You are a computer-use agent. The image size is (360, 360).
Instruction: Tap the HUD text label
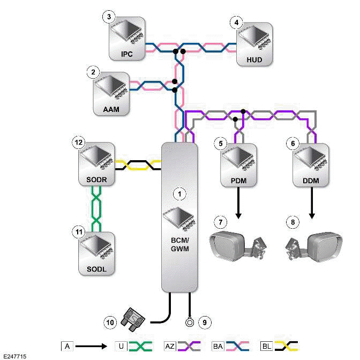[x=255, y=59]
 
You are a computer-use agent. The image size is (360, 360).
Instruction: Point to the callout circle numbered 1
[x=180, y=191]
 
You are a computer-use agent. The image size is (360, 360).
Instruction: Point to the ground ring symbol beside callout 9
[x=189, y=322]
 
